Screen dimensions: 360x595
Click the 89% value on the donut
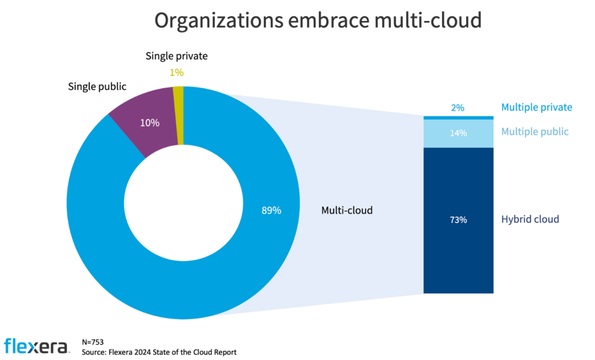point(271,211)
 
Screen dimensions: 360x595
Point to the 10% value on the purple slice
point(149,123)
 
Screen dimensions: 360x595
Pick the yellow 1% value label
point(177,73)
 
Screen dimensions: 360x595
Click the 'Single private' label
point(176,56)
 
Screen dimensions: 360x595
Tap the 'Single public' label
point(97,87)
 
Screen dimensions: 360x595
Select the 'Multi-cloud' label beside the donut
point(347,211)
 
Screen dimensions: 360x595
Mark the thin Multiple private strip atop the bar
point(458,118)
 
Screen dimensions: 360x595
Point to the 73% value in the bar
point(458,220)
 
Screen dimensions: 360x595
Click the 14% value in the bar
point(458,132)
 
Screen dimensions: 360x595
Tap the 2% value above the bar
point(458,107)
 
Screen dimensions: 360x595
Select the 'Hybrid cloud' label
point(530,219)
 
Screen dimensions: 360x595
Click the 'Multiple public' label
point(535,132)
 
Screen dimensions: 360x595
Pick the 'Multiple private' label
point(536,107)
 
